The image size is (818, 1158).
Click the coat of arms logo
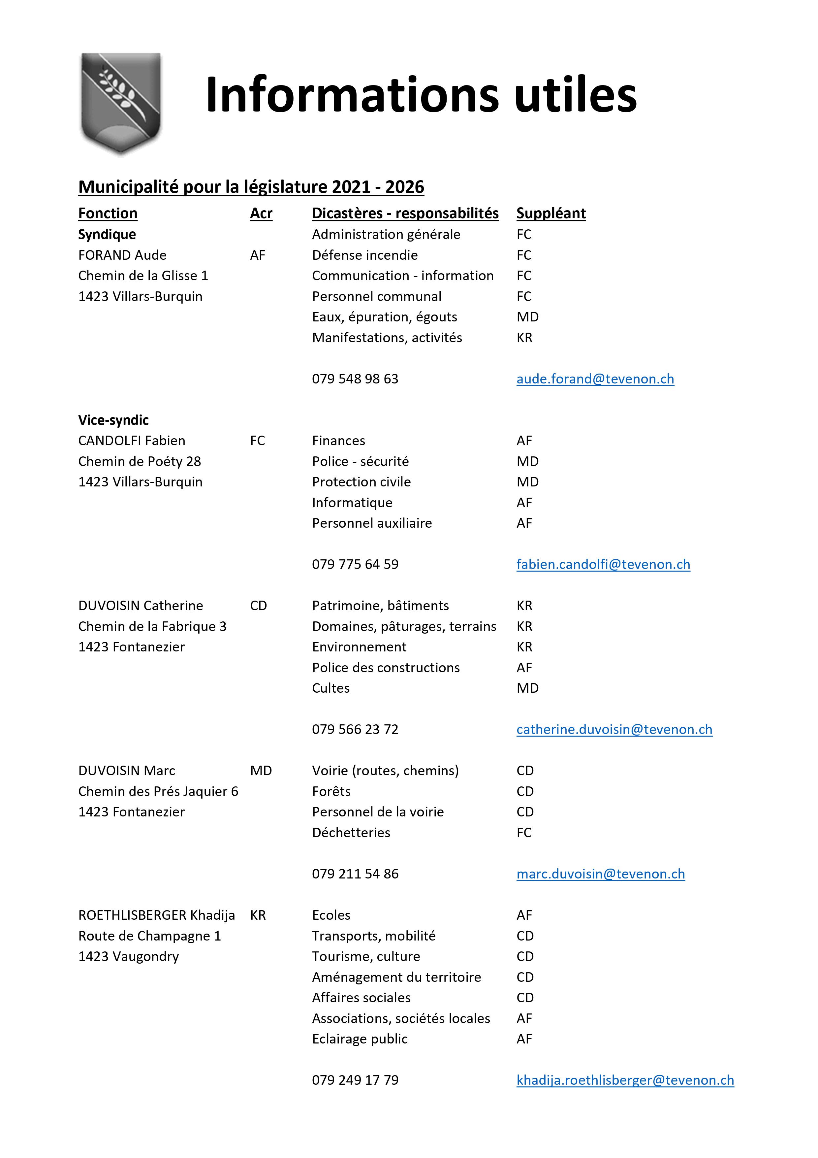point(121,103)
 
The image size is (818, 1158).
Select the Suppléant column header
point(551,213)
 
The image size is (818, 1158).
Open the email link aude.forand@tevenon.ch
point(595,379)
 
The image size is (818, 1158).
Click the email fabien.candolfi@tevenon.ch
point(603,564)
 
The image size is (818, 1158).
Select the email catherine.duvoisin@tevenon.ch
point(614,729)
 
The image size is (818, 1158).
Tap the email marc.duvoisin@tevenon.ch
point(600,874)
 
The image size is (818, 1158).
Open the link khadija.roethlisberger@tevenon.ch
point(625,1080)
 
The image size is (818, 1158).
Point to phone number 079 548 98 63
point(355,379)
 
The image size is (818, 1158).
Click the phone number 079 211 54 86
point(355,874)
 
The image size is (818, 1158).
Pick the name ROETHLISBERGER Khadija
point(156,915)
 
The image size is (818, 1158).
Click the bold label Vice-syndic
point(113,420)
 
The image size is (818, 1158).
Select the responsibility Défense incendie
point(364,255)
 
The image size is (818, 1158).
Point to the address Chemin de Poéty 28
point(139,461)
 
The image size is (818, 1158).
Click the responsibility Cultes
point(330,688)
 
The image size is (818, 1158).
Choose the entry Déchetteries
point(351,833)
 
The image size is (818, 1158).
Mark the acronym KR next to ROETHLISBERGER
point(258,915)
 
